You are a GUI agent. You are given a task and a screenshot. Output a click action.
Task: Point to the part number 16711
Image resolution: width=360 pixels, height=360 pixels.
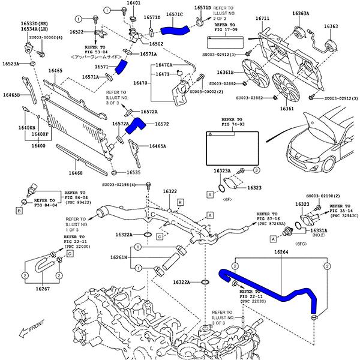(x=262, y=19)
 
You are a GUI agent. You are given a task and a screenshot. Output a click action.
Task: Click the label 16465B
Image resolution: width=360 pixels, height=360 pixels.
(x=11, y=95)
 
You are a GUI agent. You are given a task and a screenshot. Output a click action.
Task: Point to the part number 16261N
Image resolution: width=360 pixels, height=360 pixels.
(x=118, y=257)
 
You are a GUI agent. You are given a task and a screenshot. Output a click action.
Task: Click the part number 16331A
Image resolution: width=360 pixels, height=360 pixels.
(x=319, y=230)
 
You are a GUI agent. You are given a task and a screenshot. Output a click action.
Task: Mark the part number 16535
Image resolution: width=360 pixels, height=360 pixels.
(x=133, y=173)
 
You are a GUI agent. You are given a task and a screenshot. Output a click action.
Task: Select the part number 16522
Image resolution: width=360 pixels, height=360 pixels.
(x=77, y=32)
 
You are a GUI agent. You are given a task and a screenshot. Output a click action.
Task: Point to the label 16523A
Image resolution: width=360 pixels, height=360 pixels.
(x=11, y=63)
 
